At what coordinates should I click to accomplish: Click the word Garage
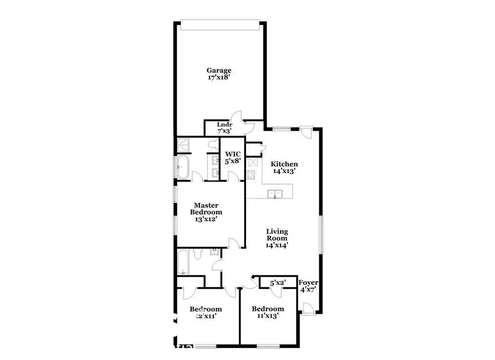pos(219,70)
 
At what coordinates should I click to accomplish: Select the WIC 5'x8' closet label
pos(233,157)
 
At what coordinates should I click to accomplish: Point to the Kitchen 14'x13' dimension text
pos(284,171)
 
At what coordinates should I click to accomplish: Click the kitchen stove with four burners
pos(250,174)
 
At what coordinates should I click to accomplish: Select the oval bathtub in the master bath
pos(182,167)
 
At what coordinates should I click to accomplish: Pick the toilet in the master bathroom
pos(213,145)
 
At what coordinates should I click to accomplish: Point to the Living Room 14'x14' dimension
pos(277,245)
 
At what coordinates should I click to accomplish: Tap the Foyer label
pos(308,283)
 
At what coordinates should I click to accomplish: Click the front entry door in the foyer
pos(307,308)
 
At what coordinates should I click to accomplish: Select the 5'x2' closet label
pos(277,283)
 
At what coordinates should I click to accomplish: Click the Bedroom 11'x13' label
pos(268,312)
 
